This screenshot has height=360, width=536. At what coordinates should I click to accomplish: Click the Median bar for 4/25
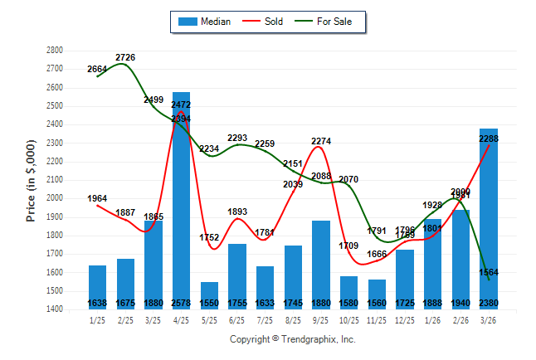click(181, 207)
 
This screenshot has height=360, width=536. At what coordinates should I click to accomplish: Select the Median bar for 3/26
click(489, 224)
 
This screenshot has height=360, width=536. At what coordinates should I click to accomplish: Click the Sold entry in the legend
click(273, 22)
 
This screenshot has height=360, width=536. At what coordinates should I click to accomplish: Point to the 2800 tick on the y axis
click(55, 50)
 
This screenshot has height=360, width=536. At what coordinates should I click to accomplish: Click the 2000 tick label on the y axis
click(55, 198)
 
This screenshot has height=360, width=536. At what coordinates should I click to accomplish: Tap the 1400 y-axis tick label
click(55, 309)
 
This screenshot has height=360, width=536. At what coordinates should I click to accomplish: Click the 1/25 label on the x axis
click(97, 319)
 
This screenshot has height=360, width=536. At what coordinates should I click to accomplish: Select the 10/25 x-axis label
click(349, 319)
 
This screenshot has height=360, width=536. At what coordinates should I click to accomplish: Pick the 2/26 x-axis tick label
click(461, 319)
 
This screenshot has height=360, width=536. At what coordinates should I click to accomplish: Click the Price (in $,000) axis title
click(31, 179)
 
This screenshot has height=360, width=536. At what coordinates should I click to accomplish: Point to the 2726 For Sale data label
click(125, 57)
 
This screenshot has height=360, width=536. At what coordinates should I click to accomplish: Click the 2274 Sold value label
click(321, 141)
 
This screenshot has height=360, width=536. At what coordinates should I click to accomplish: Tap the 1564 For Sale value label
click(489, 273)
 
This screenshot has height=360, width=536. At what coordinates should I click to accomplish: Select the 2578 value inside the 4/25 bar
click(181, 303)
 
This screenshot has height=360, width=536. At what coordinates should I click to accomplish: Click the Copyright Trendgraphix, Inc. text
click(292, 339)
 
